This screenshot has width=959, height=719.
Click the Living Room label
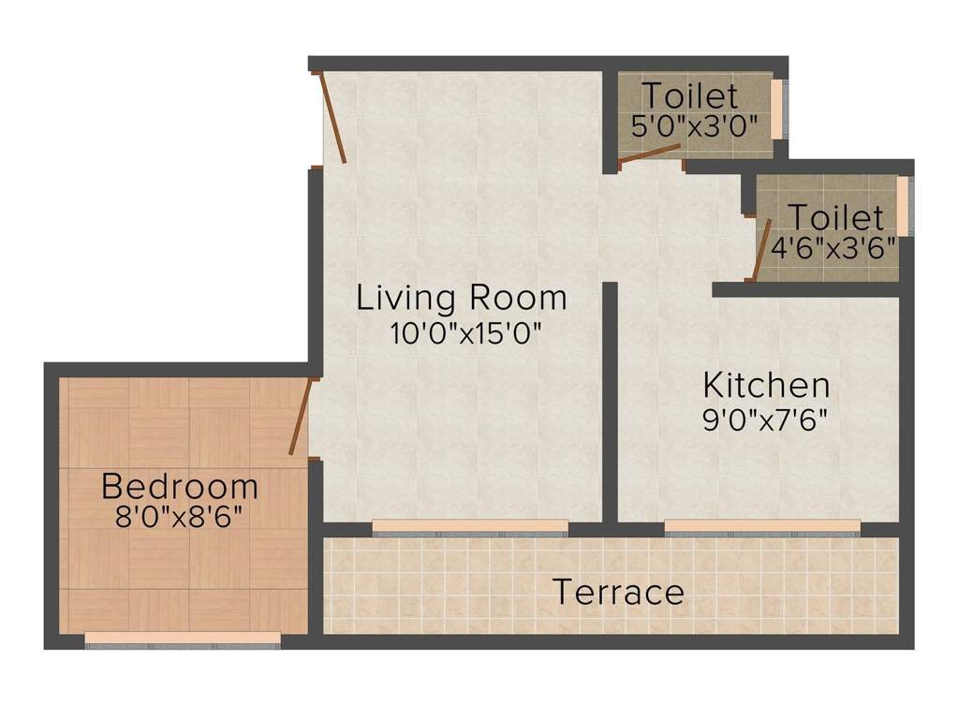[462, 299]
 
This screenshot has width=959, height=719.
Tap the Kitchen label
[766, 385]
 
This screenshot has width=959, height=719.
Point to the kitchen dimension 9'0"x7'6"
[766, 418]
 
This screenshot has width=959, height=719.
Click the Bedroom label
[180, 487]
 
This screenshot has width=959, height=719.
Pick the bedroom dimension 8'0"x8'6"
[180, 517]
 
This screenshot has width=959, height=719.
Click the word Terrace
[618, 593]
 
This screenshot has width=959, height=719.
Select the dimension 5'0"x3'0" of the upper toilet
[694, 126]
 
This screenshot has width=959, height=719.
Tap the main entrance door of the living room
[334, 118]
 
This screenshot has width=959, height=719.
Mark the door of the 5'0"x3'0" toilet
[650, 155]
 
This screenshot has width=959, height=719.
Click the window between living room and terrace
[469, 527]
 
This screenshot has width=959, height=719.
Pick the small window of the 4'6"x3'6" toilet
[903, 206]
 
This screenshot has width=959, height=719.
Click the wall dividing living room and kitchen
[610, 403]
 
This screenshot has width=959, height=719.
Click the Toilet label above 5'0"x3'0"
[689, 96]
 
